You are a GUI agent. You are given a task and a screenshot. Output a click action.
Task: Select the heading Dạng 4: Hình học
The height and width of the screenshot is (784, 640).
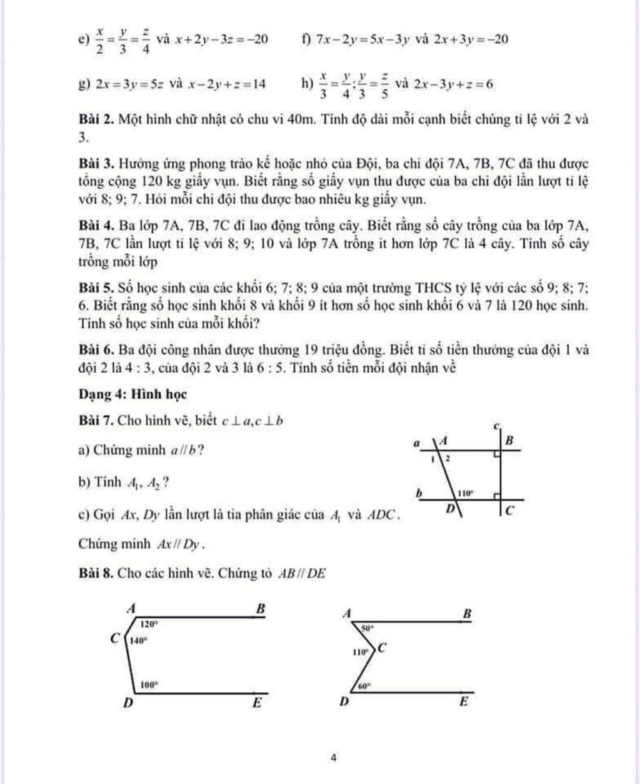pyautogui.click(x=132, y=395)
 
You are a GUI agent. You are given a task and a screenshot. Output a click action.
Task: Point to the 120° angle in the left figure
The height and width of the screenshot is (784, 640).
pyautogui.click(x=149, y=623)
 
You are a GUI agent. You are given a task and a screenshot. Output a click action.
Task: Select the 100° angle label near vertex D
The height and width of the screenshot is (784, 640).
pyautogui.click(x=148, y=685)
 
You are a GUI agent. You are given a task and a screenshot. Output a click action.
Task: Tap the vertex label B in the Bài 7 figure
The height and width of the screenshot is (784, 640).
pyautogui.click(x=509, y=440)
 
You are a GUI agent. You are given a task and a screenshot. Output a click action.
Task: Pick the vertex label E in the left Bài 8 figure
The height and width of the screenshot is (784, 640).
pyautogui.click(x=256, y=703)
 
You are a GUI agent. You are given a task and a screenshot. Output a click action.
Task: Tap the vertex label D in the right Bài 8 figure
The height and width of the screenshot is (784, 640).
pyautogui.click(x=343, y=702)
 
